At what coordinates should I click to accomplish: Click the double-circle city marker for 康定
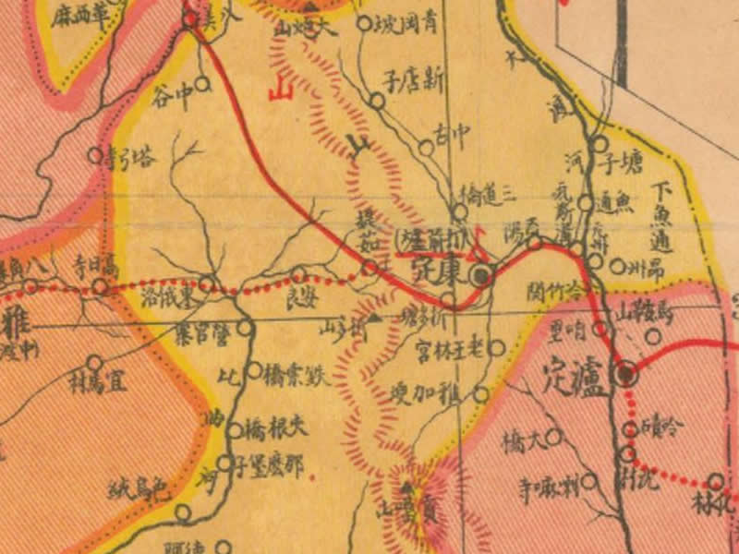pos(480,274)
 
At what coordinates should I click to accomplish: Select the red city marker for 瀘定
pos(627,374)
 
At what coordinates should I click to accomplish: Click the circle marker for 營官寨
pos(245,326)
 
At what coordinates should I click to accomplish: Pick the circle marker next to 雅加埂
pos(480,394)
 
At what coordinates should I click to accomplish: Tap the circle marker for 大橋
pos(554,435)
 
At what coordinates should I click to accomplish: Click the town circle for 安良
pos(298,273)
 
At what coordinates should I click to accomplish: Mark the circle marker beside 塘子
pos(599,144)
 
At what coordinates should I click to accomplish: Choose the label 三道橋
pos(490,195)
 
